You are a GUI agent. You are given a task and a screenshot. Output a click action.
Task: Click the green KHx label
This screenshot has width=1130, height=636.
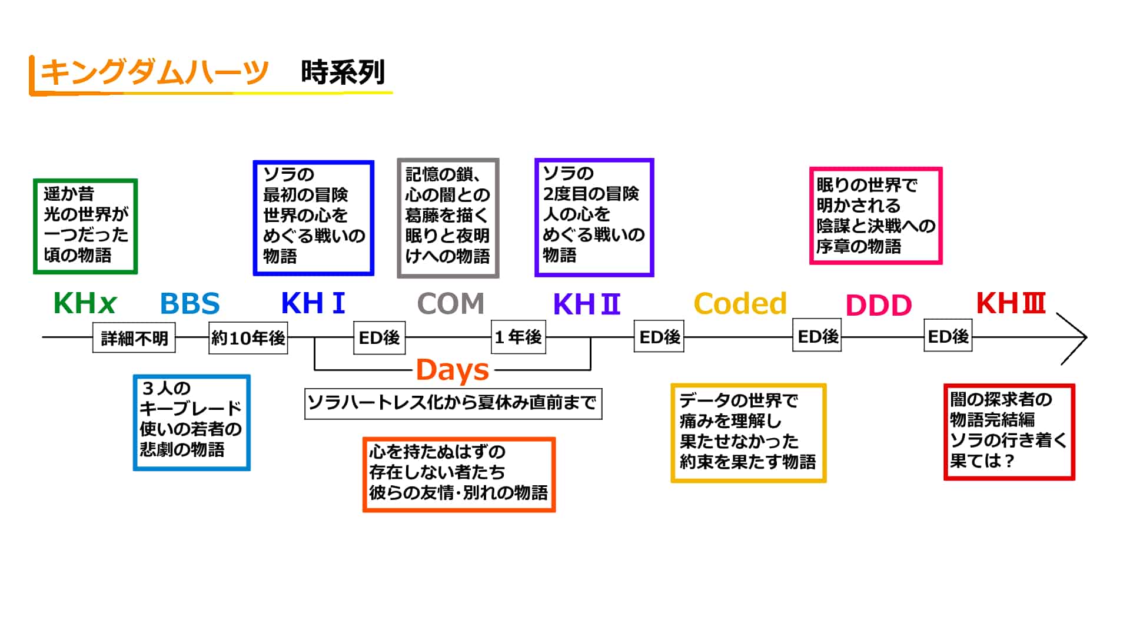pyautogui.click(x=85, y=304)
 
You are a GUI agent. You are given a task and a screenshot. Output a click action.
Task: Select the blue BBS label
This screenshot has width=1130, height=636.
pyautogui.click(x=190, y=304)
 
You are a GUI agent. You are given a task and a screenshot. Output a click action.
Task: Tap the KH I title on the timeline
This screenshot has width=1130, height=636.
pyautogui.click(x=313, y=304)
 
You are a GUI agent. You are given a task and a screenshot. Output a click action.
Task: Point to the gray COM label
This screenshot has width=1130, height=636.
pyautogui.click(x=450, y=304)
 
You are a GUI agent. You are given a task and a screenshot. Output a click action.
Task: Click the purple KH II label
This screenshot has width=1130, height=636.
pyautogui.click(x=587, y=304)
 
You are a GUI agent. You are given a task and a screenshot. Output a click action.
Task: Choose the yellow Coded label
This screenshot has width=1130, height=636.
pyautogui.click(x=740, y=304)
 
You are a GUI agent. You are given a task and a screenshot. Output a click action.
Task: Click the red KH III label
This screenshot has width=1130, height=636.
pyautogui.click(x=1011, y=303)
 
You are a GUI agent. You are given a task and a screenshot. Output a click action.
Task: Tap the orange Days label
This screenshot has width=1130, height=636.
pyautogui.click(x=452, y=370)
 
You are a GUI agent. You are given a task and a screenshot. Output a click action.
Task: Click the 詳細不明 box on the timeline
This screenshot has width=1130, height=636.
pyautogui.click(x=134, y=338)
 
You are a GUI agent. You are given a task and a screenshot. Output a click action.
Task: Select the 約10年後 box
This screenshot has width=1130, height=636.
pyautogui.click(x=248, y=338)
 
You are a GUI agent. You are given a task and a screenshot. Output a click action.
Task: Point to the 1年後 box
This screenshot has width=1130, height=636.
pyautogui.click(x=518, y=337)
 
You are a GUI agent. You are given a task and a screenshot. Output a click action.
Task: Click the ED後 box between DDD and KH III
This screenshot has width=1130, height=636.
pyautogui.click(x=948, y=336)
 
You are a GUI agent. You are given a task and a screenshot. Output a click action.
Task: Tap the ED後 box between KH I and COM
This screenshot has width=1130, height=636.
pyautogui.click(x=379, y=337)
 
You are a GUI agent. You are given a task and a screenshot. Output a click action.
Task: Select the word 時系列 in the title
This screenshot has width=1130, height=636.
pyautogui.click(x=343, y=73)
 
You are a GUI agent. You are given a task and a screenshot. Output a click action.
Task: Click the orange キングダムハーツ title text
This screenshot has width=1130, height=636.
pyautogui.click(x=154, y=73)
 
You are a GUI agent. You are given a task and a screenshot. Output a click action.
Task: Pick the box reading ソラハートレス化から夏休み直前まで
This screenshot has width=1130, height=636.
pyautogui.click(x=453, y=403)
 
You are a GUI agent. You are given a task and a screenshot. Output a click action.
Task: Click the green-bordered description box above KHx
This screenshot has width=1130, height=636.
pyautogui.click(x=85, y=226)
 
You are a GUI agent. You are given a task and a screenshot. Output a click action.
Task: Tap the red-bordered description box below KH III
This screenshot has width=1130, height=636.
pyautogui.click(x=1009, y=432)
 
